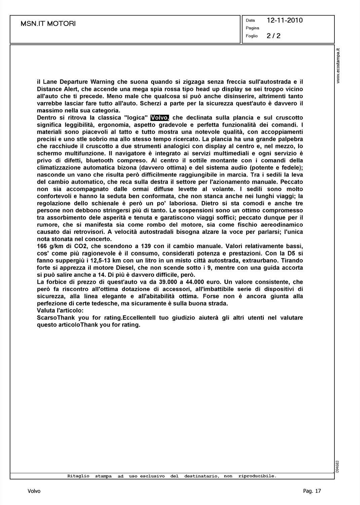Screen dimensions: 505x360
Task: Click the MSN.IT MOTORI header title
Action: [48, 24]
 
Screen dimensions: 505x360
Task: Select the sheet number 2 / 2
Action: [274, 36]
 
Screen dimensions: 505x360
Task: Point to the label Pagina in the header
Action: [252, 28]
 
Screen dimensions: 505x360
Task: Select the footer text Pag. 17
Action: [312, 491]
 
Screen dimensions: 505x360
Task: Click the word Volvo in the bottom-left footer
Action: [34, 491]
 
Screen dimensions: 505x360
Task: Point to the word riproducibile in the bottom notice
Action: [257, 476]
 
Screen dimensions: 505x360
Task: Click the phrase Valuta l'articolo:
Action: [60, 310]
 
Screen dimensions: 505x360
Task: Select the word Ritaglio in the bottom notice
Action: [78, 476]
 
